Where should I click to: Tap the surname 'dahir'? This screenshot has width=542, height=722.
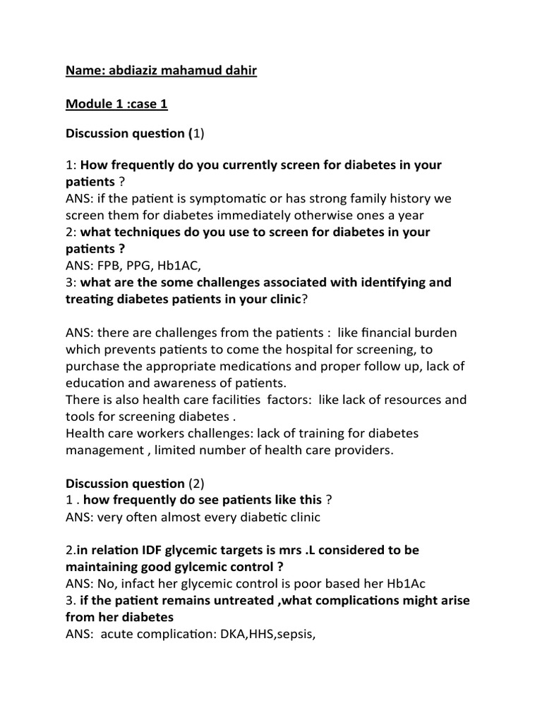[237, 71]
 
